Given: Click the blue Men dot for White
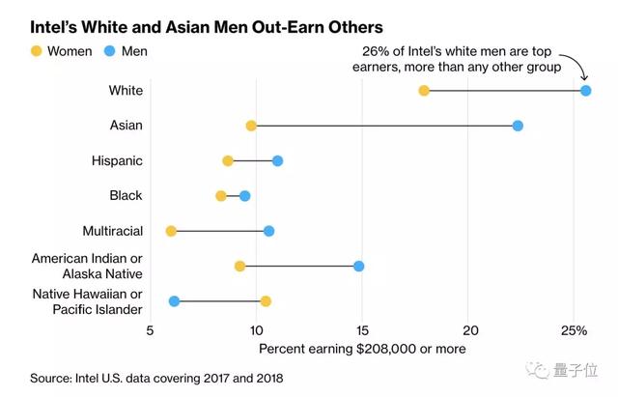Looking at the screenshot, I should pos(586,91).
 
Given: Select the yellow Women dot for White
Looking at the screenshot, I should pos(424,91).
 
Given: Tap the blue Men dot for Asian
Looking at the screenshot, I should pos(518,126).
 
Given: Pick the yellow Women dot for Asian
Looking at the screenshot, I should pos(251,126).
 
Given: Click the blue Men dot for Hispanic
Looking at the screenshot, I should pos(277,160).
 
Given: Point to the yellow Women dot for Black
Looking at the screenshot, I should pos(221,196).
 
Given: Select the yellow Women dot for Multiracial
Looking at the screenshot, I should pos(171,231).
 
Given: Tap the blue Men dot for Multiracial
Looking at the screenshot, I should pos(268,231).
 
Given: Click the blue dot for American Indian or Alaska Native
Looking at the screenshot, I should pos(359,266).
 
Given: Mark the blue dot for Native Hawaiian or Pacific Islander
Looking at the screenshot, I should pos(174,301).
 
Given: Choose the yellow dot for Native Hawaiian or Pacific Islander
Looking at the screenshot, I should pos(266,301).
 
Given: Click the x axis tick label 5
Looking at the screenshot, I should pos(151,330).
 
